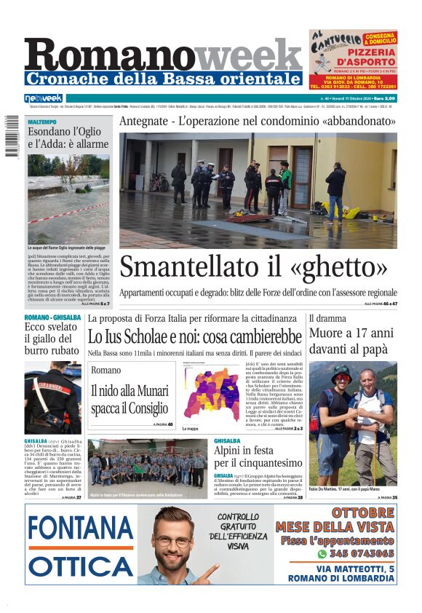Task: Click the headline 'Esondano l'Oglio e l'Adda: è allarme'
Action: click(68, 138)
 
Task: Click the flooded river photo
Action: click(68, 198)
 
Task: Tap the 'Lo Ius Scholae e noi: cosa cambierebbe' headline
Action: click(194, 337)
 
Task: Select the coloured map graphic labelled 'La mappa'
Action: click(211, 392)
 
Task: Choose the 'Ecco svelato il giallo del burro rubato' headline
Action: click(52, 339)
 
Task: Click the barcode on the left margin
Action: click(12, 135)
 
